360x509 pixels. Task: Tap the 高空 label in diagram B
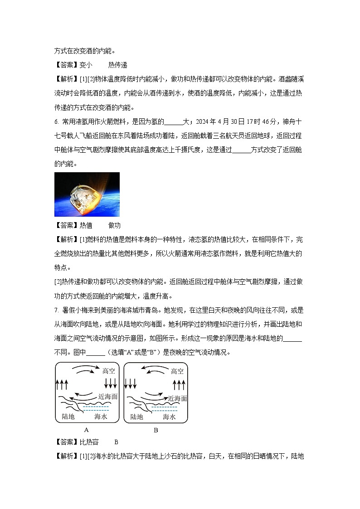click(x=177, y=371)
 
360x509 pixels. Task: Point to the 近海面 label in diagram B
click(x=177, y=398)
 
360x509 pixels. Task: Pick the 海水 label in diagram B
click(x=169, y=416)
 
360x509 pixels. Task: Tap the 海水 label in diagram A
click(x=101, y=416)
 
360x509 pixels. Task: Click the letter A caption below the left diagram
click(x=86, y=430)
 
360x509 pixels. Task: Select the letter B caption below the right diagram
click(x=156, y=430)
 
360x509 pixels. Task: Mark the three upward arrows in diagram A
click(x=62, y=385)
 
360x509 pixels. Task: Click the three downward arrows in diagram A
click(x=111, y=384)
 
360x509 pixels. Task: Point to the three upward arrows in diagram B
click(x=180, y=385)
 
